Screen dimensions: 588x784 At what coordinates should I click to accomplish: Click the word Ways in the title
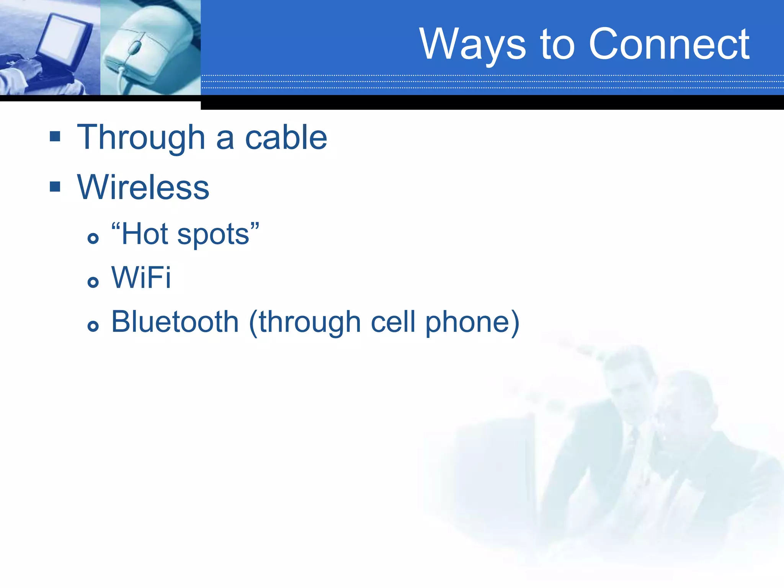(472, 45)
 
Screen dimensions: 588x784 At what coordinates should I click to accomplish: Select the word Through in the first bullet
(141, 138)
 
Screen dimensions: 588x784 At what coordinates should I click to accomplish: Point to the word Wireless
(143, 187)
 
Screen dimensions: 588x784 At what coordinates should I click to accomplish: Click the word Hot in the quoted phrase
(144, 234)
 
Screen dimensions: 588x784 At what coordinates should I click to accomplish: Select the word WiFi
(141, 278)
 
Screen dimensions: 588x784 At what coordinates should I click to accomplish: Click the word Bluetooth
(175, 322)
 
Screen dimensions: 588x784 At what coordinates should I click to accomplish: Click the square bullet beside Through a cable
(55, 136)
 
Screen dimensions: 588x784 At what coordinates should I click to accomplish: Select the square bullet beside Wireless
(55, 187)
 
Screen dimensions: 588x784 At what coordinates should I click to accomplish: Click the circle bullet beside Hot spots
(93, 238)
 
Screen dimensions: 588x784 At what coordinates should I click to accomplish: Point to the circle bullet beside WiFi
(93, 283)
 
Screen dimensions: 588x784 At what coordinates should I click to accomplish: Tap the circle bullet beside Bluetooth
(93, 327)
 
